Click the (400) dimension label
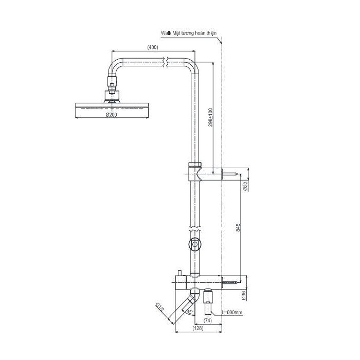click(x=153, y=47)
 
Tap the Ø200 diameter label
click(x=113, y=115)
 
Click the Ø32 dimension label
click(x=245, y=186)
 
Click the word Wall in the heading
click(x=166, y=32)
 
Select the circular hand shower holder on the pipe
click(x=194, y=244)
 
